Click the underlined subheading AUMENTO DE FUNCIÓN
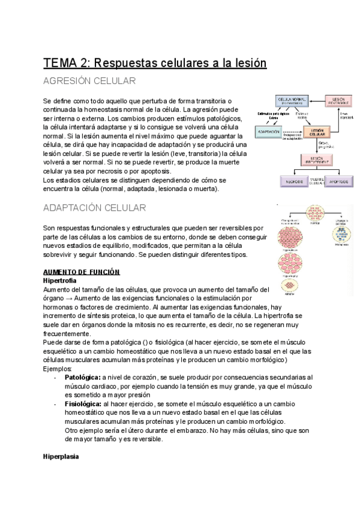click(81, 272)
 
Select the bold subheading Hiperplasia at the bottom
click(61, 457)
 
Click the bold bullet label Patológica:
click(82, 377)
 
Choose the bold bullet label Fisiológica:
click(82, 405)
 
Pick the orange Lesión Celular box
click(317, 131)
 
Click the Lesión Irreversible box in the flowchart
click(317, 160)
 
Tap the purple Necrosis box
click(294, 181)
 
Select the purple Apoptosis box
click(340, 181)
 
